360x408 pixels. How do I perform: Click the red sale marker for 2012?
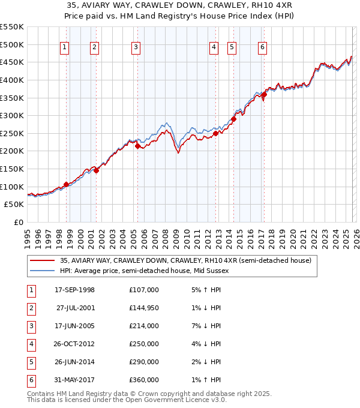(215, 134)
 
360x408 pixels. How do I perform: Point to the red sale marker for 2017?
(264, 94)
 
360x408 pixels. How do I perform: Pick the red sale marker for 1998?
(66, 184)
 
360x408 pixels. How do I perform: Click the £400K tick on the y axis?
(12, 80)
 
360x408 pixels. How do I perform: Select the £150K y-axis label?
(12, 169)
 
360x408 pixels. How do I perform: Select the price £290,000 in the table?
(143, 362)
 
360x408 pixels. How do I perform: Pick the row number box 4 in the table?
(31, 344)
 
